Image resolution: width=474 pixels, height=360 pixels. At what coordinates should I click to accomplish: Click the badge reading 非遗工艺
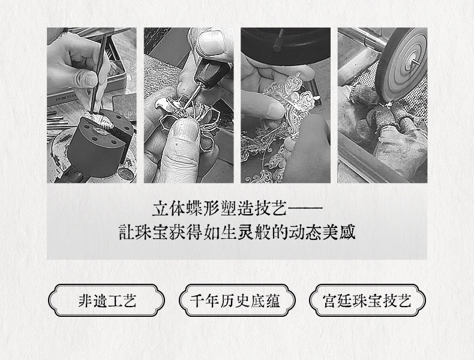[x=106, y=300]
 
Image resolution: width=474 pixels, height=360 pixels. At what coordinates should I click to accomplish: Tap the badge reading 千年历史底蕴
[x=237, y=300]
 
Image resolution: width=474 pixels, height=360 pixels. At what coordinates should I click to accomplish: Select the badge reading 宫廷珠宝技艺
[x=368, y=300]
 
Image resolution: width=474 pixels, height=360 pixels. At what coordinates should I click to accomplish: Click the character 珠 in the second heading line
[x=143, y=232]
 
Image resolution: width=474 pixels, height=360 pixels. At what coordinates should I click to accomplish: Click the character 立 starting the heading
[x=160, y=208]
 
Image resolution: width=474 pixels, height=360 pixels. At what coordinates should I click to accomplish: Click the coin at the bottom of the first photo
[x=126, y=174]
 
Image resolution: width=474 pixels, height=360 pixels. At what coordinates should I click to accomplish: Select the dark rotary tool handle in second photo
[x=209, y=73]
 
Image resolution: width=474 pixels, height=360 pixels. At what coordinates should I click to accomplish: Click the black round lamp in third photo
[x=286, y=46]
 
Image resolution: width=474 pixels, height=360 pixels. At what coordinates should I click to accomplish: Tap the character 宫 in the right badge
[x=330, y=301]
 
